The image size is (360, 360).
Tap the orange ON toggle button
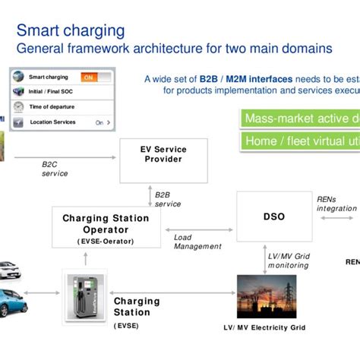click(89, 77)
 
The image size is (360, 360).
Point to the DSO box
click(274, 216)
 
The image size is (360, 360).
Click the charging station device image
click(84, 296)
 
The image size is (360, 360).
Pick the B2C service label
click(55, 169)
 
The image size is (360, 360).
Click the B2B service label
click(168, 199)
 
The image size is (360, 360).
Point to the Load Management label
click(197, 242)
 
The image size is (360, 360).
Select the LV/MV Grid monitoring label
click(288, 261)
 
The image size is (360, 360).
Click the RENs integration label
click(336, 204)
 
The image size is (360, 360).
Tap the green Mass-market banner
click(299, 118)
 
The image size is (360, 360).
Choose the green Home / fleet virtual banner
click(299, 141)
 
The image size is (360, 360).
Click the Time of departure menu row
click(61, 107)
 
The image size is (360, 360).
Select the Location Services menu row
click(61, 122)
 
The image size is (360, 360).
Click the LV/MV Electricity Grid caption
click(264, 327)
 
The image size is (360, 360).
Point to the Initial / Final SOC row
click(61, 92)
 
